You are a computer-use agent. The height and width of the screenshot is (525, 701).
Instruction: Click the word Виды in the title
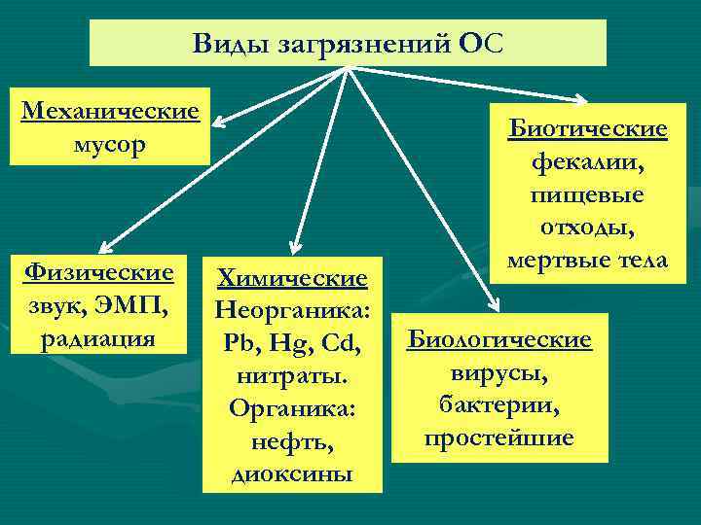(x=227, y=44)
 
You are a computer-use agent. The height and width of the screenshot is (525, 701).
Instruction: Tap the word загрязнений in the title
(x=355, y=44)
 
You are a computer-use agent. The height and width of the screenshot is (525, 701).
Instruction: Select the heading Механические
(x=110, y=111)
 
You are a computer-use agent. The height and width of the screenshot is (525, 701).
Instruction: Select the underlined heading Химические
(x=293, y=279)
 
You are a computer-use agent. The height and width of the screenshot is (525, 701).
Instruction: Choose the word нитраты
(x=293, y=376)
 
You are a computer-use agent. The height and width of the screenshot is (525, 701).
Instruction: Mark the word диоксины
(x=293, y=474)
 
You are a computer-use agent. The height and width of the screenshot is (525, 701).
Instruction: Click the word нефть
(x=293, y=442)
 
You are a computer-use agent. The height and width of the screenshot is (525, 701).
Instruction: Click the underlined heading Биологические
(x=498, y=340)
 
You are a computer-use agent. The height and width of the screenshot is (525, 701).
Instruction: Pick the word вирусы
(x=498, y=372)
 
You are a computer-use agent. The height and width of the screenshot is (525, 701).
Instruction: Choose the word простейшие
(x=498, y=437)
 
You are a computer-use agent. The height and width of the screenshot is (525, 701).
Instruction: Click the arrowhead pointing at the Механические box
(x=220, y=123)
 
